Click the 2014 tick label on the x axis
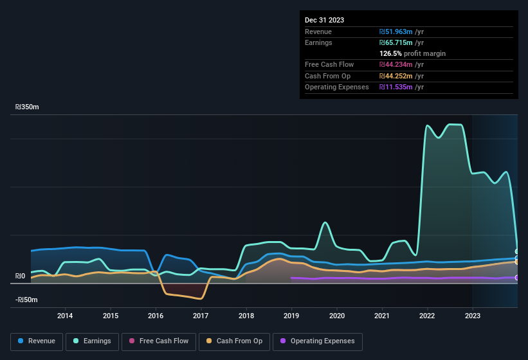point(64,316)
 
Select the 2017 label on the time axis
point(201,316)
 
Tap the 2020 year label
point(337,316)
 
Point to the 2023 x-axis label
point(473,316)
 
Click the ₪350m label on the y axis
point(27,107)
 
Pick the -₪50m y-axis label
point(27,300)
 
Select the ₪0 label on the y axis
point(21,276)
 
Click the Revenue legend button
point(37,341)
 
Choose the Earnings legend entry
point(92,341)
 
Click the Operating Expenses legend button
point(317,341)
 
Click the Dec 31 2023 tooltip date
point(324,20)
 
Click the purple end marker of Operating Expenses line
point(517,278)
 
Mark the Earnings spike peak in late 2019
point(325,222)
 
